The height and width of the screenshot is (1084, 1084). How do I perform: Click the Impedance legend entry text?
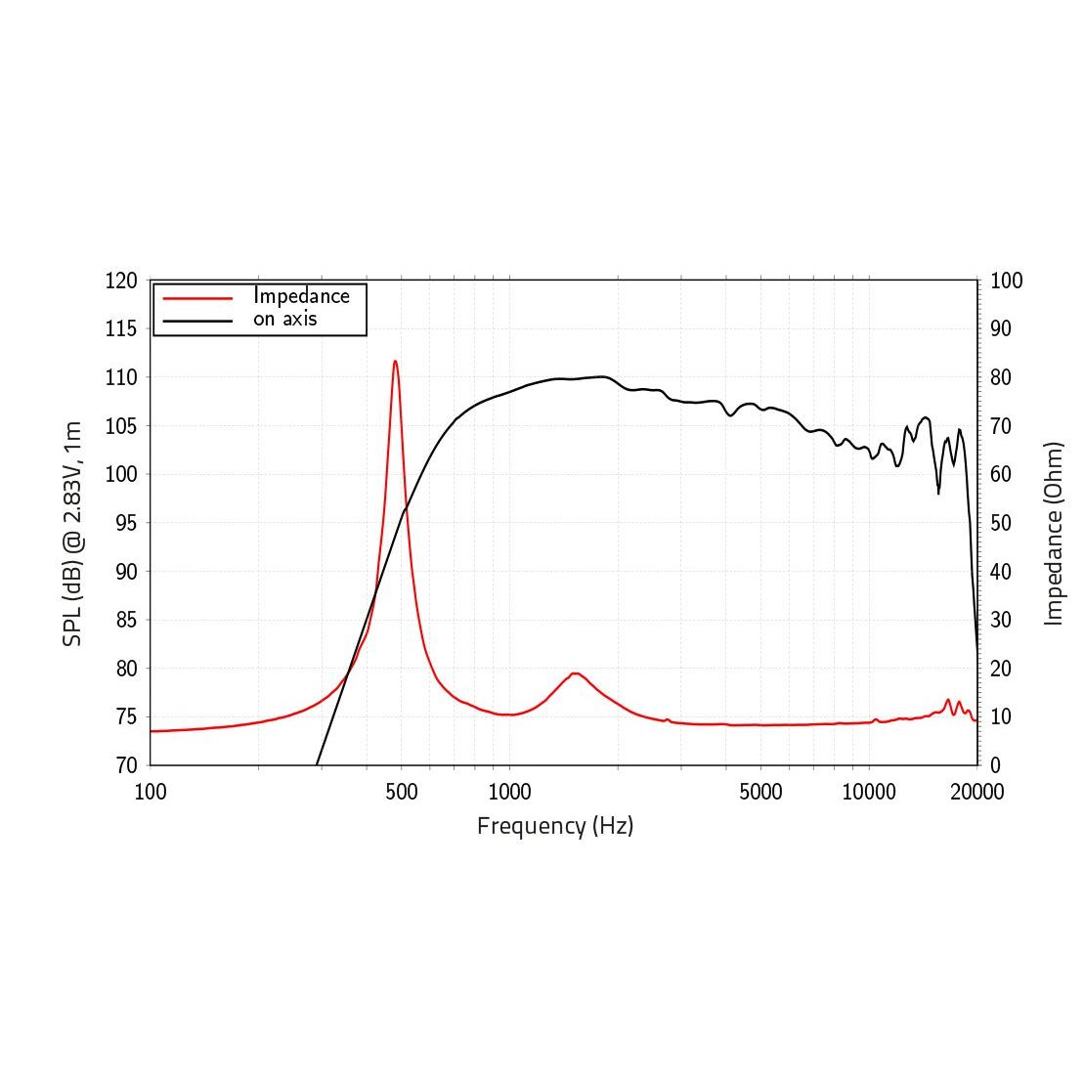point(301,295)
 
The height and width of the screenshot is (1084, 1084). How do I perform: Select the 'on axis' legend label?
point(285,319)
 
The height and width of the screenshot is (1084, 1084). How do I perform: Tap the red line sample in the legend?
point(197,297)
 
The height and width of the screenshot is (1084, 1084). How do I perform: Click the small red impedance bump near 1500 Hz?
point(575,673)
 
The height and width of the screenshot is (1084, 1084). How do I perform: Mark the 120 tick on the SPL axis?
point(121,282)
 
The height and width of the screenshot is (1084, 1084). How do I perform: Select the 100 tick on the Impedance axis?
point(1006,282)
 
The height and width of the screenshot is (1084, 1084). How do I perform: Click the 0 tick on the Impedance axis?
point(995,765)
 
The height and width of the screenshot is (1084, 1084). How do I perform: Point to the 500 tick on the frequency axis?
point(402,792)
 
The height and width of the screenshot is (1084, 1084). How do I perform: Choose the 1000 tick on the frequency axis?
point(509,792)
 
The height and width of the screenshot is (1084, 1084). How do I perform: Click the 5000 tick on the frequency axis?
point(760,792)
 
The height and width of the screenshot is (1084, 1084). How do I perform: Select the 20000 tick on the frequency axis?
point(976,792)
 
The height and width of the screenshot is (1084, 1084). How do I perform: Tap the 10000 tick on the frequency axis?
point(869,792)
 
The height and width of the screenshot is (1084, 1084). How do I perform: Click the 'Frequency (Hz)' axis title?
point(555,826)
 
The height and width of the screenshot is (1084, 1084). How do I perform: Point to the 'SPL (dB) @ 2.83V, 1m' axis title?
point(72,534)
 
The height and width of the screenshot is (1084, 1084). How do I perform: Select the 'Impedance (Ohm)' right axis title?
point(1054,534)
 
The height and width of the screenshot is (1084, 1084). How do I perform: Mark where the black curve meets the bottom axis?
point(318,764)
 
